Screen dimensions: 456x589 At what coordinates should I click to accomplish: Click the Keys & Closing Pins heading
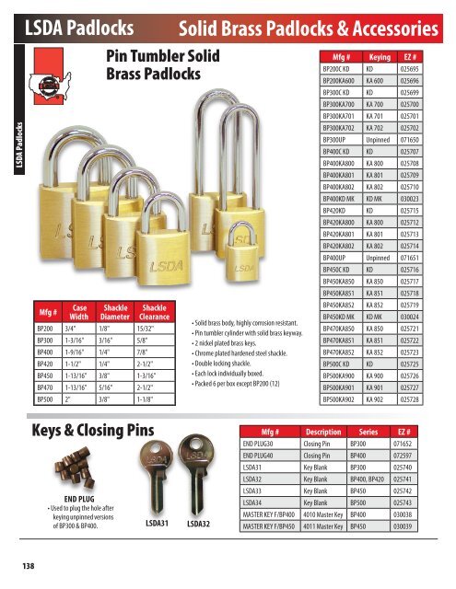pyautogui.click(x=92, y=433)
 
